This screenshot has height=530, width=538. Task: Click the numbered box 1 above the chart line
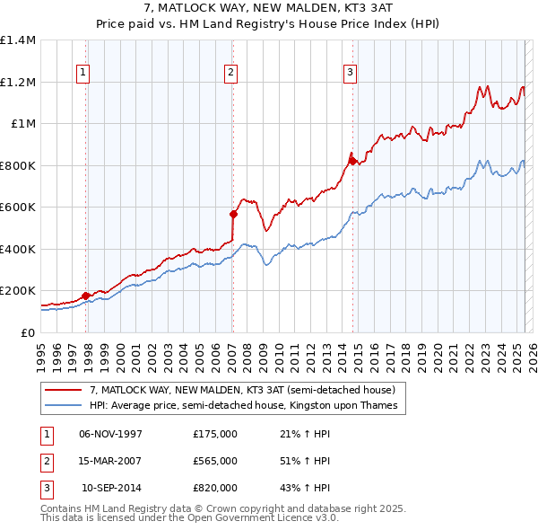82,73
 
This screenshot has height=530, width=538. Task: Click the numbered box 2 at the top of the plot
230,73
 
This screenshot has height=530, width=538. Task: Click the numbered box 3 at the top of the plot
350,73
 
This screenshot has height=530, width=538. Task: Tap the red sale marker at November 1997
86,296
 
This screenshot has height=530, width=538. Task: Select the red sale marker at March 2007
233,215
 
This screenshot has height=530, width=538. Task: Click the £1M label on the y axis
22,124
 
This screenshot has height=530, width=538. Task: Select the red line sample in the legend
65,390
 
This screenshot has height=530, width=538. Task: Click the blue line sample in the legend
65,405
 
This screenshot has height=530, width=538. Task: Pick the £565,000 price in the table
215,461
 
